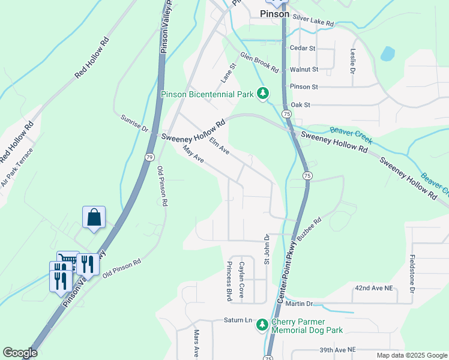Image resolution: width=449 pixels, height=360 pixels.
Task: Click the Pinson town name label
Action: [274, 14]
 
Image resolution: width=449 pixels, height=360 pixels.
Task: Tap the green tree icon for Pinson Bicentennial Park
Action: [262, 93]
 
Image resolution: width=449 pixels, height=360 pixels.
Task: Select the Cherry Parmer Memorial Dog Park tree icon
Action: [262, 325]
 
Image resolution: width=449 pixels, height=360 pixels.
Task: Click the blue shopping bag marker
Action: [94, 217]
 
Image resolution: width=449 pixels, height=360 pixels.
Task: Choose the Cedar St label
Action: [303, 47]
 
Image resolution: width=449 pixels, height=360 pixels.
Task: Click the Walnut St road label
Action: [304, 70]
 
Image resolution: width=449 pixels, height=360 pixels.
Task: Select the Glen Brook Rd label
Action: [260, 62]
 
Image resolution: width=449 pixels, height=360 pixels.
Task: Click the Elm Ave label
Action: [219, 146]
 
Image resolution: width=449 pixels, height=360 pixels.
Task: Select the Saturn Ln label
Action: [238, 320]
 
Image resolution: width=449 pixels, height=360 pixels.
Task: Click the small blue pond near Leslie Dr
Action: [388, 54]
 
